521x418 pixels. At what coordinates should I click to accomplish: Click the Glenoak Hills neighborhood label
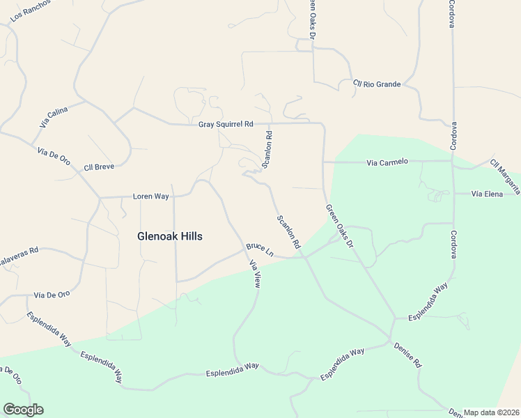tap(170, 236)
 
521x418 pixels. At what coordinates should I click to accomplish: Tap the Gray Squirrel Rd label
tap(226, 124)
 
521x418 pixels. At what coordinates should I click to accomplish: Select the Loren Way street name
tap(151, 196)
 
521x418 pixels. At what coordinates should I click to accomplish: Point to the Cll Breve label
tap(98, 167)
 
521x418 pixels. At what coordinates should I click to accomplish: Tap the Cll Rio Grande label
tap(377, 84)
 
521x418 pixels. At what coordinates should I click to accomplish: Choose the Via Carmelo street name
tap(387, 162)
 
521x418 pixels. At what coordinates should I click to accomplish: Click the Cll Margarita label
tap(505, 174)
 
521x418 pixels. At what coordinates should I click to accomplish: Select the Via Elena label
tap(487, 193)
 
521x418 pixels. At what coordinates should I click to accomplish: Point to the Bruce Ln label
tap(259, 249)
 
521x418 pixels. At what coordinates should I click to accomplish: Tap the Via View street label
tap(255, 274)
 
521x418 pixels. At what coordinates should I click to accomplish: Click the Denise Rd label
tap(408, 355)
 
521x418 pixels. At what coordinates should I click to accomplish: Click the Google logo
tap(23, 410)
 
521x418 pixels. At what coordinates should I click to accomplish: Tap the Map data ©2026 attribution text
tap(491, 412)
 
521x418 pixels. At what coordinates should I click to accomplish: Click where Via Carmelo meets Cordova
tap(453, 162)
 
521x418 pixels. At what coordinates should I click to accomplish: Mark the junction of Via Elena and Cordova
tap(453, 193)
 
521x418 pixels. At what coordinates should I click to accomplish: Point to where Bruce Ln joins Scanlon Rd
tap(304, 258)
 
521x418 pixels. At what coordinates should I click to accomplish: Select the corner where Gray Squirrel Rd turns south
tap(322, 125)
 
